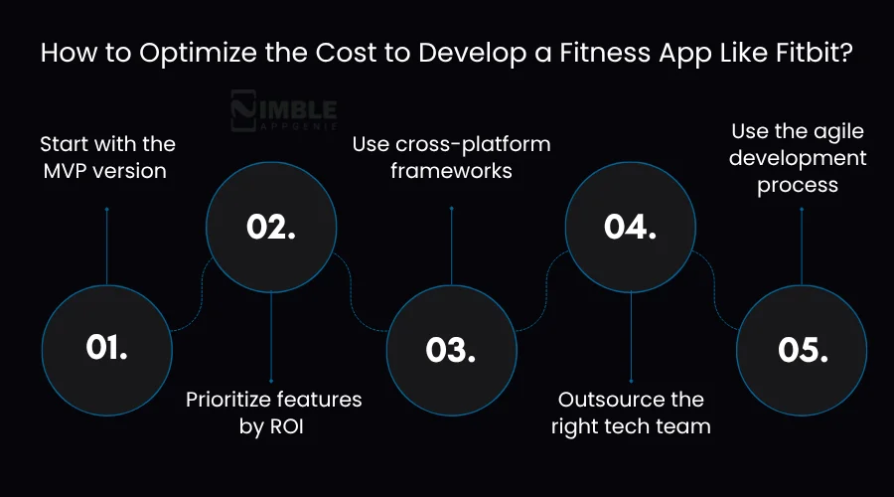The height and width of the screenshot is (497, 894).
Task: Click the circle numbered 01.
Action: [106, 348]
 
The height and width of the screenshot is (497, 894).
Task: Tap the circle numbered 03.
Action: [451, 348]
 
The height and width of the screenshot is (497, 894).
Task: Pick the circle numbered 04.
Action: [631, 228]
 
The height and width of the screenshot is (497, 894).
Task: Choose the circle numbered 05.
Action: [801, 348]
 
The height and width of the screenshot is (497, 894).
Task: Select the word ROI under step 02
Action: [293, 426]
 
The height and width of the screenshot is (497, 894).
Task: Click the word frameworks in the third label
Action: [451, 170]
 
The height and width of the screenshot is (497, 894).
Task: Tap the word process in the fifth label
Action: [798, 185]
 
